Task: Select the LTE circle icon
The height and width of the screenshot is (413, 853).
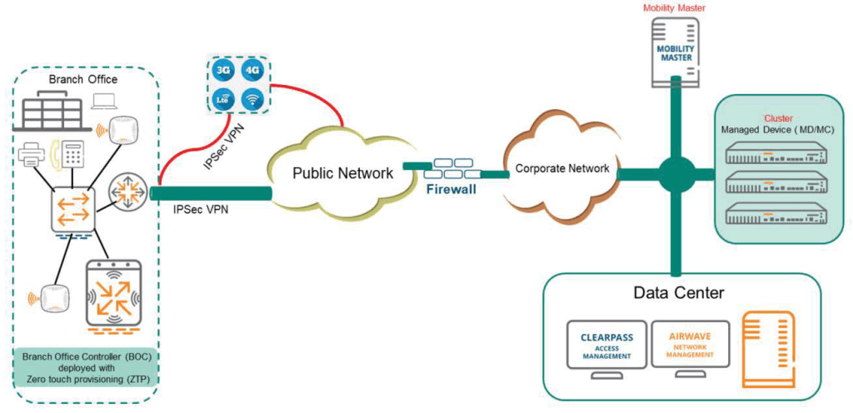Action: tap(222, 98)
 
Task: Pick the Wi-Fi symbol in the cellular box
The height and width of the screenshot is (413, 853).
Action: tap(251, 98)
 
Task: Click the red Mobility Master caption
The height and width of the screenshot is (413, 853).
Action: tap(675, 8)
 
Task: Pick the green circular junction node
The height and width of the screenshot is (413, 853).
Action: tap(676, 172)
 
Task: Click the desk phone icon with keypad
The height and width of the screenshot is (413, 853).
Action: tap(71, 154)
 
